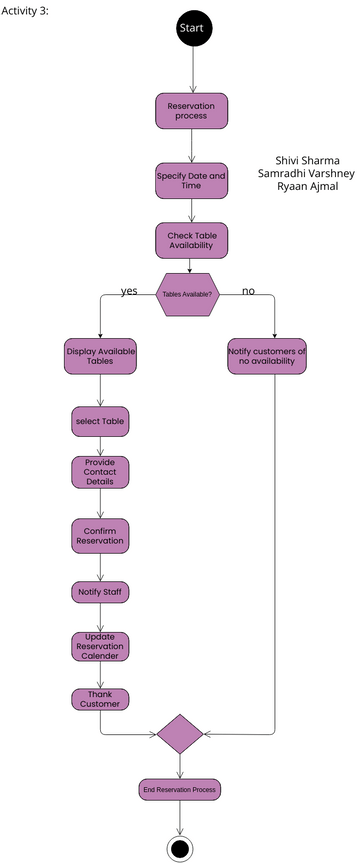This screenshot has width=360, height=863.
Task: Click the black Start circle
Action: (x=190, y=29)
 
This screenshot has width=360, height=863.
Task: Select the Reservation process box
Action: (x=191, y=111)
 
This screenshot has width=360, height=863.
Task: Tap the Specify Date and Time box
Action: (x=191, y=181)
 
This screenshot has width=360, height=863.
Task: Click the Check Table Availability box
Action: (x=191, y=241)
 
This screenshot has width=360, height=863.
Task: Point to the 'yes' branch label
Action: (x=129, y=291)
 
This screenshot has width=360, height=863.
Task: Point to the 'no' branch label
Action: (x=248, y=291)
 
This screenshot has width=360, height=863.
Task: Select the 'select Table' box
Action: (x=100, y=422)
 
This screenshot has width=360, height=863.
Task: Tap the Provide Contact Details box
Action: (x=100, y=472)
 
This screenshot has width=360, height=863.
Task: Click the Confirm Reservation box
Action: (x=100, y=535)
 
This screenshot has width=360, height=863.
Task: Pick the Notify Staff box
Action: (x=100, y=592)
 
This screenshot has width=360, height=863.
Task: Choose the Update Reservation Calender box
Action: (x=100, y=647)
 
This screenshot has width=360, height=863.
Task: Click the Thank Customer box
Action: (x=100, y=699)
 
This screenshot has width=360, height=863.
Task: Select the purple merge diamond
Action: (x=180, y=733)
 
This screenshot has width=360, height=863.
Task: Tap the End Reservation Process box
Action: (x=180, y=790)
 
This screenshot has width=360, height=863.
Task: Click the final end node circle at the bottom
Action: (x=180, y=848)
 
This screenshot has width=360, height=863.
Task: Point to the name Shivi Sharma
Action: (x=307, y=160)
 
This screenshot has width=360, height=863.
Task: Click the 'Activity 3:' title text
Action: (x=26, y=10)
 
